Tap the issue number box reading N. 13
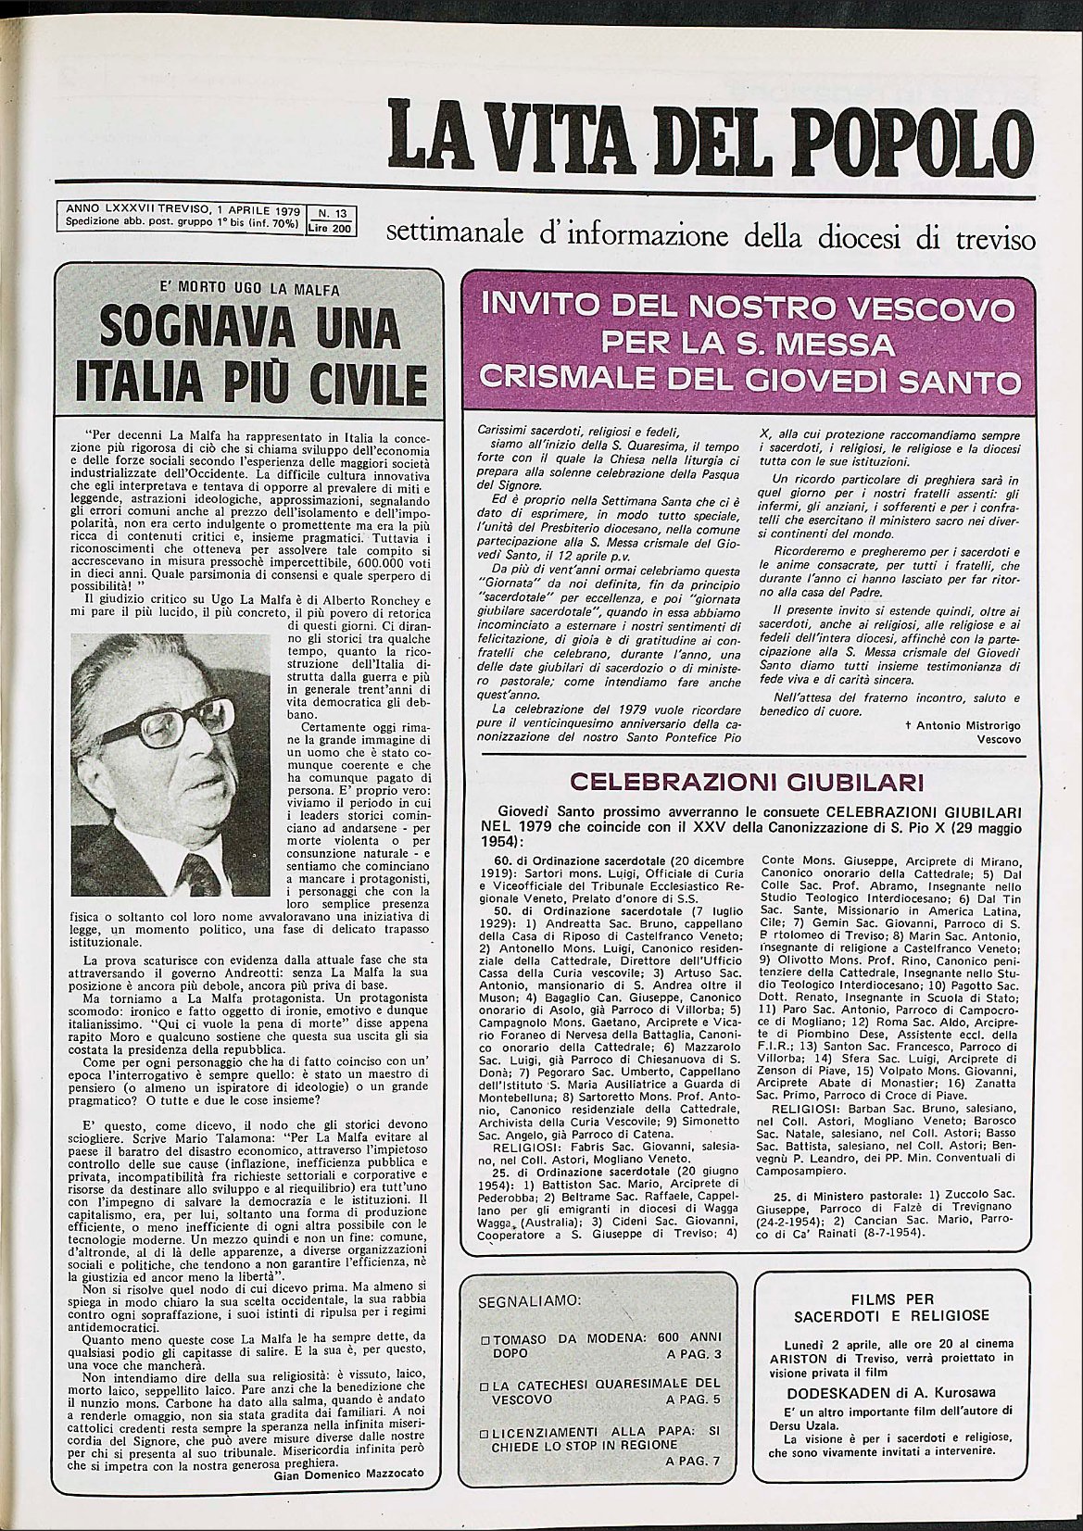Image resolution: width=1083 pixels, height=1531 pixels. click(x=322, y=213)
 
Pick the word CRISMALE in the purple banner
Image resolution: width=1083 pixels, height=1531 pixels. click(x=565, y=381)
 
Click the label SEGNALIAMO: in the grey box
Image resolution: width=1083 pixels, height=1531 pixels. click(x=528, y=1299)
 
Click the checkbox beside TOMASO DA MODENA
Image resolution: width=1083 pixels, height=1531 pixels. click(x=485, y=1340)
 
